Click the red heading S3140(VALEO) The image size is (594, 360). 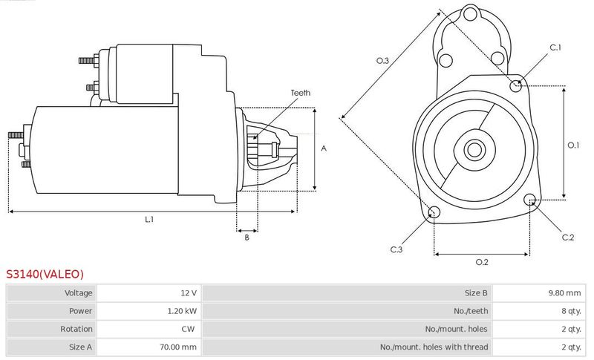pyautogui.click(x=45, y=274)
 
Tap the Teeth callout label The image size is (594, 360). pyautogui.click(x=301, y=93)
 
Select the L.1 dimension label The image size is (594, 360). pyautogui.click(x=150, y=219)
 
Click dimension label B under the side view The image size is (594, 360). pyautogui.click(x=247, y=238)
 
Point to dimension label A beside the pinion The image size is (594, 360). pyautogui.click(x=324, y=148)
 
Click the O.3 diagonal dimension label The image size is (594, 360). pyautogui.click(x=382, y=61)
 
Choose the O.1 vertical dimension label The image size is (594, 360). pyautogui.click(x=573, y=145)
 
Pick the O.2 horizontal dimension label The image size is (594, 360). pyautogui.click(x=482, y=262)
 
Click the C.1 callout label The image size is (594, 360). pyautogui.click(x=555, y=48)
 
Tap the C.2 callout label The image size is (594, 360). pyautogui.click(x=568, y=238)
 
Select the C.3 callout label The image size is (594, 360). pyautogui.click(x=396, y=249)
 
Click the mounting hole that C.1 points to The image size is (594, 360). pyautogui.click(x=515, y=86)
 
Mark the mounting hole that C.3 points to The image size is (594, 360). pyautogui.click(x=434, y=212)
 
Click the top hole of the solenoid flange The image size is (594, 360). pyautogui.click(x=471, y=14)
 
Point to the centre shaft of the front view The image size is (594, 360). pyautogui.click(x=474, y=150)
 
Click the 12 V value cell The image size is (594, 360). pyautogui.click(x=189, y=293)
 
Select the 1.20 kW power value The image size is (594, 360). pyautogui.click(x=182, y=311)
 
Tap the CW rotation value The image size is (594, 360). pyautogui.click(x=188, y=329)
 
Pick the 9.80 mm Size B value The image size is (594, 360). pyautogui.click(x=564, y=293)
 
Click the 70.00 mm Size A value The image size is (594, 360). pyautogui.click(x=178, y=347)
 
